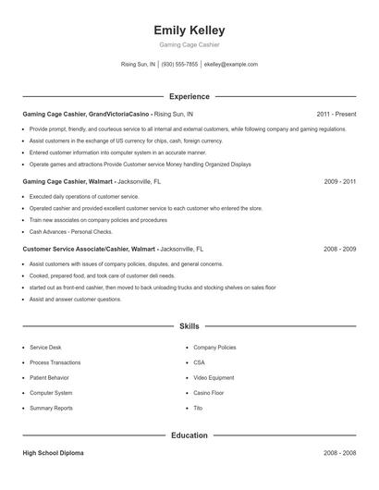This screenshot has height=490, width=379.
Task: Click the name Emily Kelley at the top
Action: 189,31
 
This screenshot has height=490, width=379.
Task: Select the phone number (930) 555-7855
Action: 180,65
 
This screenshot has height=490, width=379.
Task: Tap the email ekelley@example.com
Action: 231,65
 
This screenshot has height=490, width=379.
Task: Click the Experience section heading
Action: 189,96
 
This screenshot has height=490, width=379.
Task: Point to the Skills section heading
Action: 189,326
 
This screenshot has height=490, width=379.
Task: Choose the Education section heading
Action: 189,435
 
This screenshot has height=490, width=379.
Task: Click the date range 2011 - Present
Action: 336,115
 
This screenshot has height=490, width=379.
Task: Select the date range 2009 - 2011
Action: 340,182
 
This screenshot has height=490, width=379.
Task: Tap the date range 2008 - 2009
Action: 340,250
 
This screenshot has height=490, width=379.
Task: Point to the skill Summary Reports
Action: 51,409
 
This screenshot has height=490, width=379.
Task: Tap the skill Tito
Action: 199,409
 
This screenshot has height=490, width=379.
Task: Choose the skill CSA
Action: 200,362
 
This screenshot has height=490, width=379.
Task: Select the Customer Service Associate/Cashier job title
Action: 89,250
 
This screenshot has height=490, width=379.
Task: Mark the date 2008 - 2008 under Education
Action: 340,454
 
